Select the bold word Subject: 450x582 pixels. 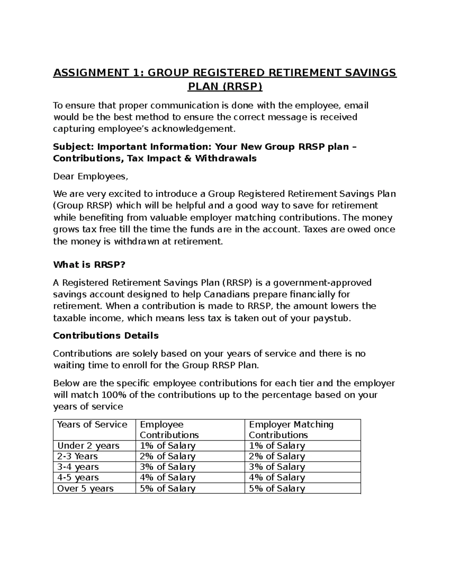(73, 147)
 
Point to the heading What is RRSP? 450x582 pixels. (89, 265)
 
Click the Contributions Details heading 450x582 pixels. (106, 335)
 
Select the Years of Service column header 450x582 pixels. (92, 425)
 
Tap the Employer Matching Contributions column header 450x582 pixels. (291, 429)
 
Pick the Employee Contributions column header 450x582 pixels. (169, 429)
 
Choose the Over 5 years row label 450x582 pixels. (85, 488)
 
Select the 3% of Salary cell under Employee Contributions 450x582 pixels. (168, 467)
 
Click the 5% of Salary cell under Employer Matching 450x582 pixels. (277, 488)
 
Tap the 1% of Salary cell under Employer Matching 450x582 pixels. (277, 446)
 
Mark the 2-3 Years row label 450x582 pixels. (77, 456)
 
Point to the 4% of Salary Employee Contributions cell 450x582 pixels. (168, 477)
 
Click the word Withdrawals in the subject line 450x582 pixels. (225, 158)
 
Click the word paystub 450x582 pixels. (334, 318)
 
